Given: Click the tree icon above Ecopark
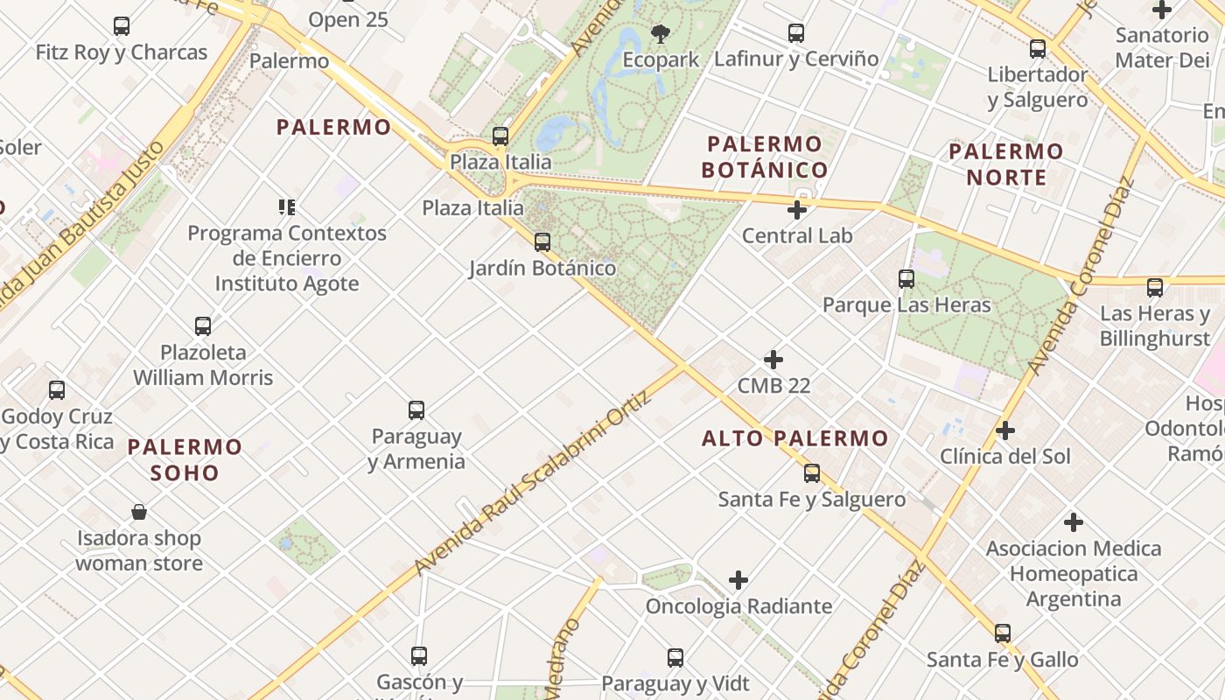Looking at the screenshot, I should click(x=661, y=34).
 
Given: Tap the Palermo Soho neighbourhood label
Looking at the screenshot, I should click(x=185, y=460).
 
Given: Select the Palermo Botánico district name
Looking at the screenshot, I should click(x=765, y=157).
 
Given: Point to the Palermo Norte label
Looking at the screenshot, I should click(x=1006, y=164).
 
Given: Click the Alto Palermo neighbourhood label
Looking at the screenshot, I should click(x=794, y=438).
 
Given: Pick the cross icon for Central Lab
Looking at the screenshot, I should click(x=796, y=210).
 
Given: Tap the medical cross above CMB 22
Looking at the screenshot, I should click(x=773, y=360).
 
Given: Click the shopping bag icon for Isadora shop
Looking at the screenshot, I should click(x=139, y=512).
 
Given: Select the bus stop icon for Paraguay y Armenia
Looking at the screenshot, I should click(x=416, y=410).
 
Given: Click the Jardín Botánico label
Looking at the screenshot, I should click(x=542, y=269).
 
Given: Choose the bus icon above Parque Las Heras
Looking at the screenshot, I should click(x=906, y=280).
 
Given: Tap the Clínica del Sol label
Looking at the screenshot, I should click(x=1005, y=456).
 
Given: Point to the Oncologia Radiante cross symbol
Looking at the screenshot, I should click(x=738, y=580).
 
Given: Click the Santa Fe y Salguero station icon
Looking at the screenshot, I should click(x=812, y=473).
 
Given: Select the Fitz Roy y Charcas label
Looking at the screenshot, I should click(x=122, y=52).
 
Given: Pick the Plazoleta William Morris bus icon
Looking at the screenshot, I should click(x=203, y=326).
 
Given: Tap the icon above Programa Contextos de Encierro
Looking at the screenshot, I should click(x=287, y=207).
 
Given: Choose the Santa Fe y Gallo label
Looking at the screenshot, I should click(x=1003, y=659).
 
